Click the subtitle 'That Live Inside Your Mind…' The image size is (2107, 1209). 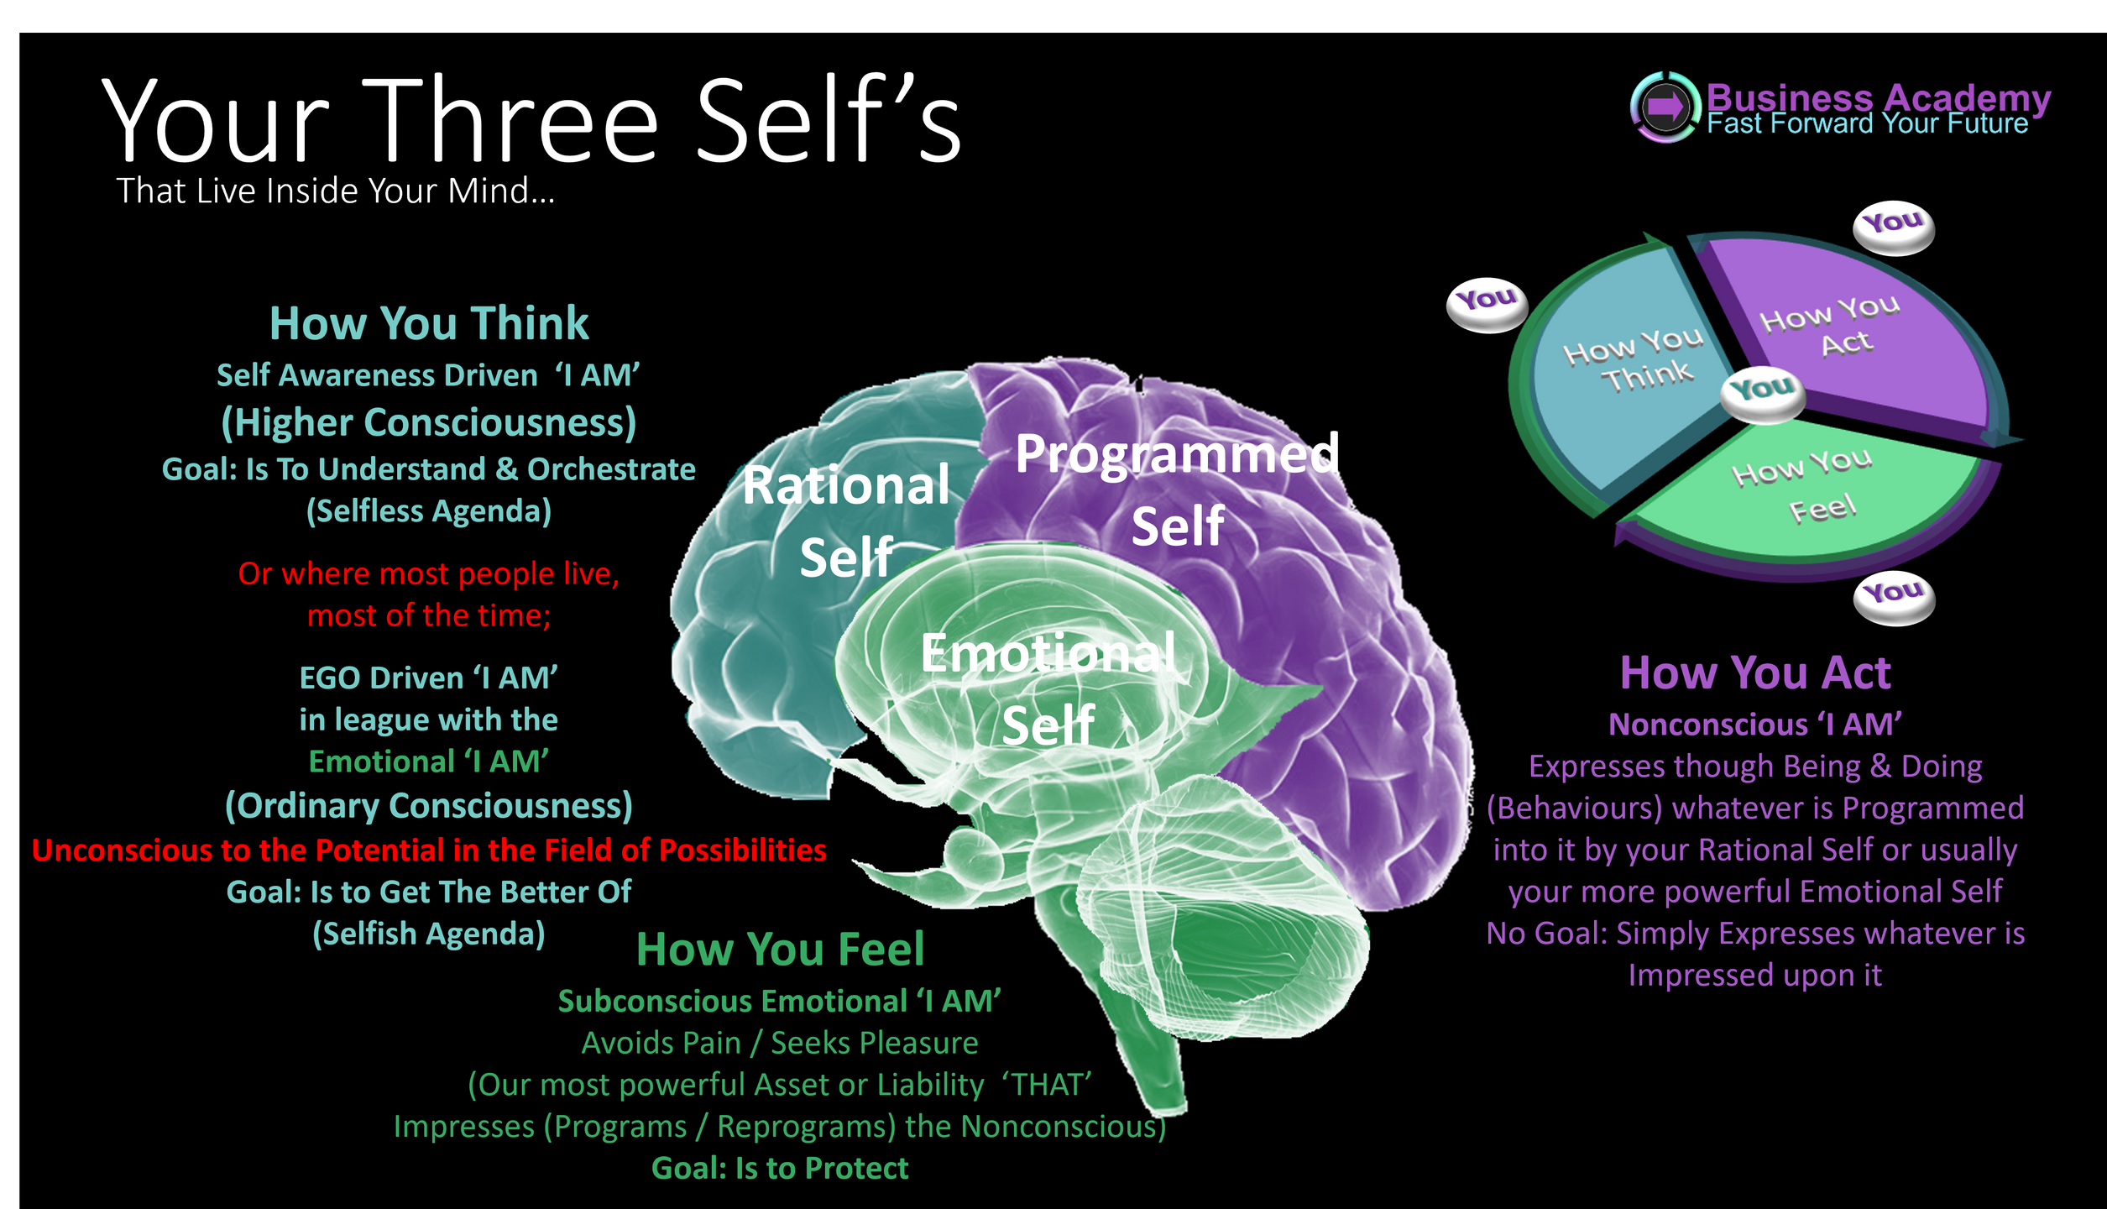click(x=335, y=191)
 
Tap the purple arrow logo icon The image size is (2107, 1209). click(x=1665, y=107)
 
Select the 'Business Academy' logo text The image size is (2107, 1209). click(x=1878, y=98)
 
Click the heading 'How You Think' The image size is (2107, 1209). click(x=429, y=323)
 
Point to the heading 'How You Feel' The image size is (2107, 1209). click(x=780, y=950)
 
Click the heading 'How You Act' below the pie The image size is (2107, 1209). click(x=1755, y=673)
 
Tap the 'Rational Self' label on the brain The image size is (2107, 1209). click(x=846, y=521)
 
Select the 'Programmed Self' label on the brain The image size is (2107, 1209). click(x=1177, y=489)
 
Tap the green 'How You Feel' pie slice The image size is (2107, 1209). click(x=1805, y=495)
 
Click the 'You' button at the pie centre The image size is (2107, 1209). click(x=1762, y=390)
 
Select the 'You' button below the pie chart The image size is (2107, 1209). click(x=1894, y=596)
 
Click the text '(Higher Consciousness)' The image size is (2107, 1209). click(x=429, y=422)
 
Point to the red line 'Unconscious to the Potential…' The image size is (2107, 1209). click(x=429, y=850)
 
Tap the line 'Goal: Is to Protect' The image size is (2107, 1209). click(x=780, y=1168)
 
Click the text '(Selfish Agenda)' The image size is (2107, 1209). click(x=429, y=934)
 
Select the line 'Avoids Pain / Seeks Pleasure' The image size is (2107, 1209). click(x=780, y=1043)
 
